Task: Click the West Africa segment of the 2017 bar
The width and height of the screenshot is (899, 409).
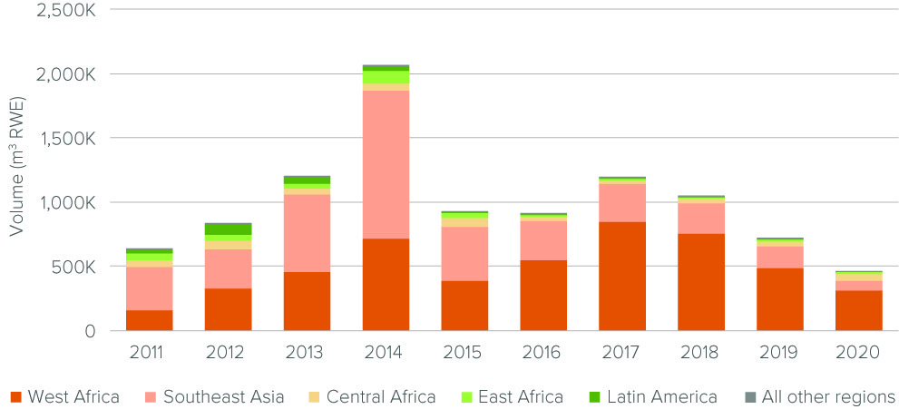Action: [621, 276]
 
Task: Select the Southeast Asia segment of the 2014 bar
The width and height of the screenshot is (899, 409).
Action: [386, 164]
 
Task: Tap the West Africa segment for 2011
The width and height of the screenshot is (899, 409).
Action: [149, 320]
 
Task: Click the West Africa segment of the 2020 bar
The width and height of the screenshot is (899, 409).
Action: [858, 310]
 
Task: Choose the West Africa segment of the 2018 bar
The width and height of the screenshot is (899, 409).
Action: [700, 282]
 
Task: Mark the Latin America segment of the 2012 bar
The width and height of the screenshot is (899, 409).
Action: [228, 229]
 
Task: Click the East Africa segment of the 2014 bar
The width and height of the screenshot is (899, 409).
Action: [386, 77]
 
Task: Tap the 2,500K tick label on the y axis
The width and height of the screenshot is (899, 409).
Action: [64, 10]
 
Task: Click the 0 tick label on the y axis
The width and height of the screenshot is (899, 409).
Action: [89, 332]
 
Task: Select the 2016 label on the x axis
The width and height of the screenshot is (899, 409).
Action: [542, 352]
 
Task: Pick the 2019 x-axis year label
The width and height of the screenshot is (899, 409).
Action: [779, 352]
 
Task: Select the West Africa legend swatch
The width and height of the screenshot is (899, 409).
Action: [15, 397]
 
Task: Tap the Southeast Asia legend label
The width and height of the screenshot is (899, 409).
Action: [222, 397]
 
